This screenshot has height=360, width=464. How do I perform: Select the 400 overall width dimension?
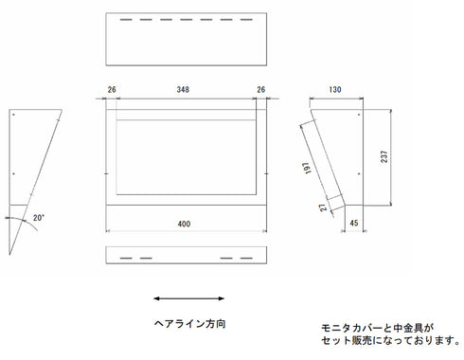click(x=184, y=224)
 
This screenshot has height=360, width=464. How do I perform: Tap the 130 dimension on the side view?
click(x=335, y=89)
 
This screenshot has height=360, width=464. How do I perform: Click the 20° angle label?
click(x=39, y=217)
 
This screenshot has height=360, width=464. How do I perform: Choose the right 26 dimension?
click(x=261, y=91)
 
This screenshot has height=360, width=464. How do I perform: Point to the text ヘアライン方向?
click(x=189, y=323)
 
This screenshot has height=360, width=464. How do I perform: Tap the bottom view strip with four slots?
click(x=184, y=258)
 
